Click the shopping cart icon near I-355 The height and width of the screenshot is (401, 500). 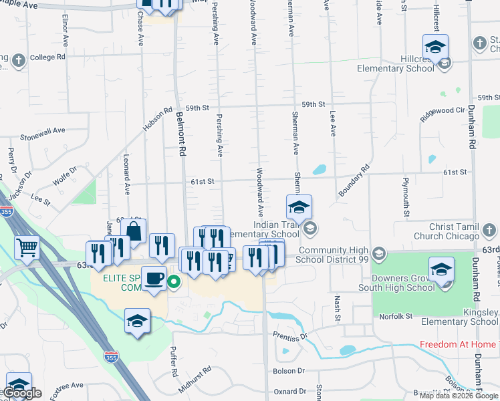[27, 247]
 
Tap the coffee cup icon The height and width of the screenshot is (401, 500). [154, 278]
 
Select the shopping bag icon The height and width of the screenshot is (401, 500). [134, 231]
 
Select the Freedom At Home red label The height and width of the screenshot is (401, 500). [459, 345]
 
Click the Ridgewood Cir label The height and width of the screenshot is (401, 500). [443, 110]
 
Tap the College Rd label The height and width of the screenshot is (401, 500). [47, 57]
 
